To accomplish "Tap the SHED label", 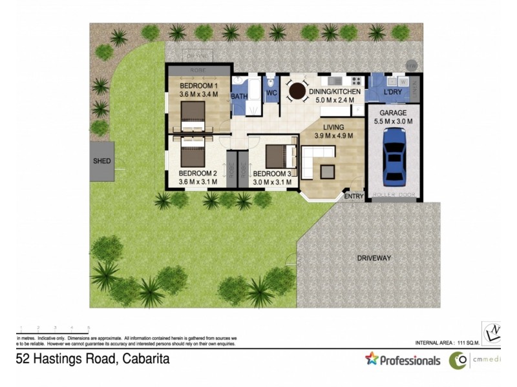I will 102,161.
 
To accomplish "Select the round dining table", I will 297,92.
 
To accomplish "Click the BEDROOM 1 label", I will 198,86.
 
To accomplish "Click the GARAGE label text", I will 393,113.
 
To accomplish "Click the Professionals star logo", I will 372,358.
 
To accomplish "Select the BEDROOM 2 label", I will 198,174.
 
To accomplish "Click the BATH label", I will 240,97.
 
